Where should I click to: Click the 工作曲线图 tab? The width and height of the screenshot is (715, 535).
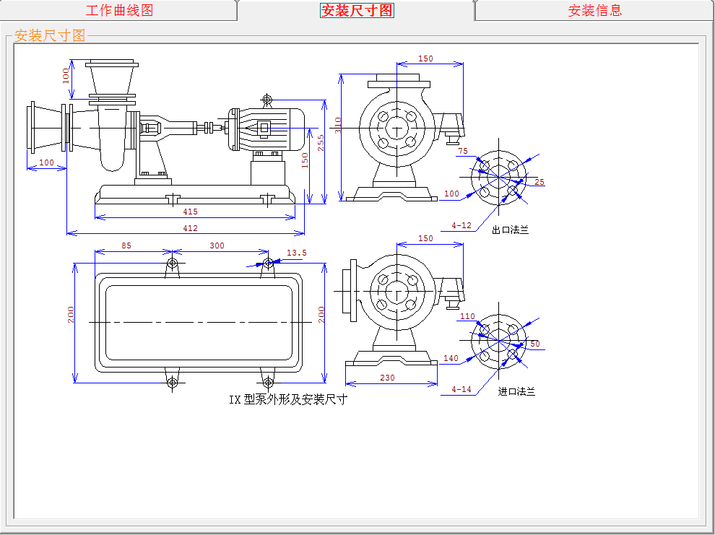point(119,10)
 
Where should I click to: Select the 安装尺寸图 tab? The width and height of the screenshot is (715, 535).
point(357,10)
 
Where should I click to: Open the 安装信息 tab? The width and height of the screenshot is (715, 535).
point(594,10)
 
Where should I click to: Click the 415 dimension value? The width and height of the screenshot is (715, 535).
point(190,212)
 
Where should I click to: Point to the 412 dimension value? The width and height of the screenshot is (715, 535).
point(190,228)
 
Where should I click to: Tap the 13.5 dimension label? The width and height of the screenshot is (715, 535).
point(297,253)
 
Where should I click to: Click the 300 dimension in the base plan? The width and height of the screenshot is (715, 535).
point(217,245)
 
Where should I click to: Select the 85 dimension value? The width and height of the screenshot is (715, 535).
point(126,245)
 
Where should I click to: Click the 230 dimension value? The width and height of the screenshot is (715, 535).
point(387,378)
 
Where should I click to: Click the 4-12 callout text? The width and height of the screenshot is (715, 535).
point(461,225)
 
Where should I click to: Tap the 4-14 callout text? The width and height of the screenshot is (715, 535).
point(461,390)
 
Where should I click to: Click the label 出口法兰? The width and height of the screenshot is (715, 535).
point(510,230)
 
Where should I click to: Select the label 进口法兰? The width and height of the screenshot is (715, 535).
point(516,392)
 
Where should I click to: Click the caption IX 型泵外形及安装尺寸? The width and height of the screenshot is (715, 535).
point(287,399)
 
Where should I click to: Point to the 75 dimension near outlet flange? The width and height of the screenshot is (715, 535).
point(463,151)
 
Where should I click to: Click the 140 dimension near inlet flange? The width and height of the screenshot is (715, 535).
point(451,358)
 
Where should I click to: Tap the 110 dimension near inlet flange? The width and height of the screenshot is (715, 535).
point(468,316)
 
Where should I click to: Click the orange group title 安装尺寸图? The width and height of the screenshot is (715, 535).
point(50,35)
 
